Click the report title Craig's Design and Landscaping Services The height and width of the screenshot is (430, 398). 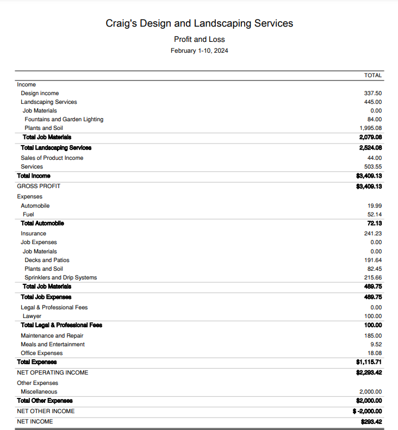click(x=199, y=23)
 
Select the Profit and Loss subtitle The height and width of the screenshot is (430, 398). click(x=199, y=39)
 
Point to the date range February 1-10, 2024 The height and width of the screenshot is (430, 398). click(x=199, y=51)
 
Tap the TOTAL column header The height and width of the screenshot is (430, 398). click(x=373, y=75)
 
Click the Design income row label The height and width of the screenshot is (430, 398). click(x=40, y=93)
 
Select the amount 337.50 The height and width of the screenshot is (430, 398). click(x=372, y=93)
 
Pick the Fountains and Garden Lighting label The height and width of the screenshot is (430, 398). click(x=64, y=119)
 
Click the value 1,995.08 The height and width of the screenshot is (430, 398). click(x=370, y=128)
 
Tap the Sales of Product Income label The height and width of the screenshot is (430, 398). click(x=52, y=158)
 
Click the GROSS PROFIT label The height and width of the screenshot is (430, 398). click(x=39, y=186)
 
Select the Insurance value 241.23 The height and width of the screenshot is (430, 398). click(x=372, y=233)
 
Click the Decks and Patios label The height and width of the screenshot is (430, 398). click(x=47, y=260)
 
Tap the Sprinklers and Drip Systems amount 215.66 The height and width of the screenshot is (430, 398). click(x=372, y=277)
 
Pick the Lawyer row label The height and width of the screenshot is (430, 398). click(x=32, y=316)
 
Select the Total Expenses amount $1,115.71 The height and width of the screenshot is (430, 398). click(x=368, y=362)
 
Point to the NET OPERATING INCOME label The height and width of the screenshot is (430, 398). click(x=52, y=372)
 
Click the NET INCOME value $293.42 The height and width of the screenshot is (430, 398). click(x=371, y=421)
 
